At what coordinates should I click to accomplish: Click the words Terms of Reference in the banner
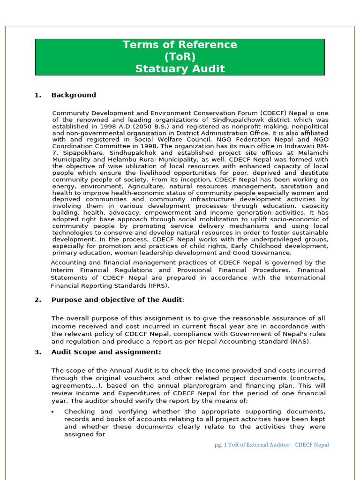coord(180,45)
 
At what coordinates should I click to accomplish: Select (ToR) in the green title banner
coord(180,57)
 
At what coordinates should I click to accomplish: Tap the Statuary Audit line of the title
coord(180,69)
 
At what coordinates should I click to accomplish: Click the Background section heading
coord(74,95)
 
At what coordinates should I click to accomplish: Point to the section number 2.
coord(37,300)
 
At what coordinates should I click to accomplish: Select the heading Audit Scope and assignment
coord(106,352)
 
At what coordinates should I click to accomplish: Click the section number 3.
coord(37,352)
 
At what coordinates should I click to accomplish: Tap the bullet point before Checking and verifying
coord(53,412)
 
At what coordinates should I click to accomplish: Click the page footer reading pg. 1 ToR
coord(271,445)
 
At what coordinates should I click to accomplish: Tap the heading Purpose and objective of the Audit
coord(116,300)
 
